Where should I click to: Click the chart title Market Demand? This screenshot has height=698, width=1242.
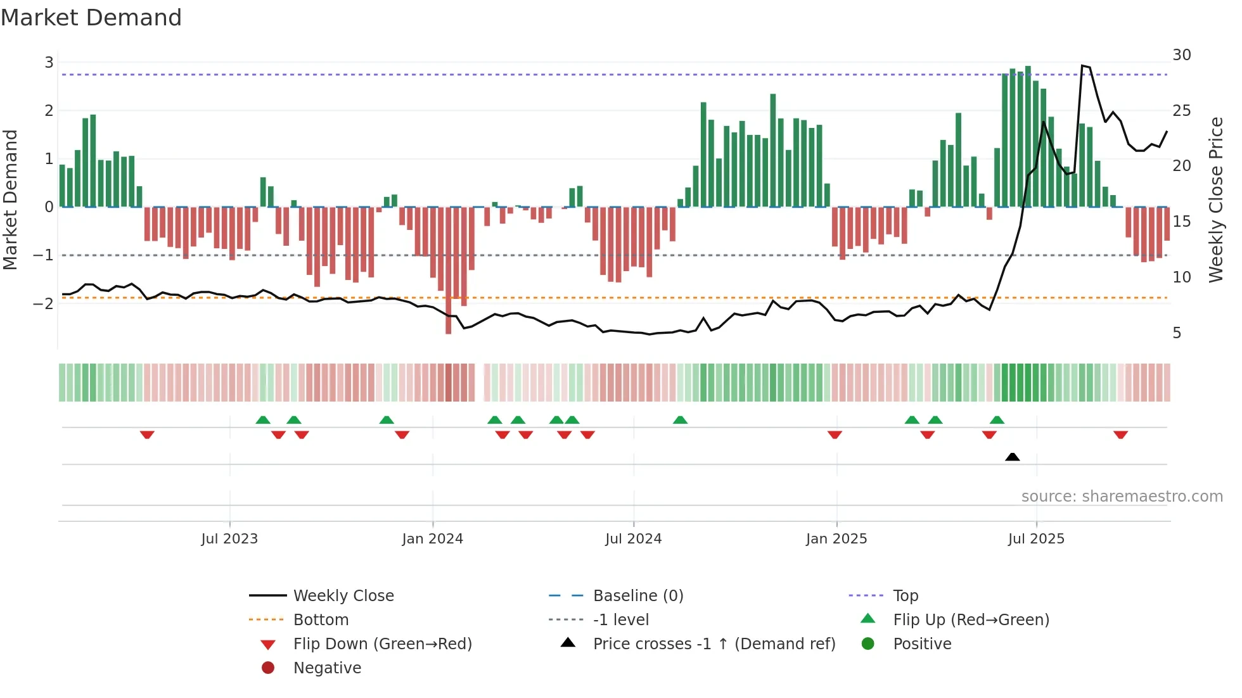pos(91,18)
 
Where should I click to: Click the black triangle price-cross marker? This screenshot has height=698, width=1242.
pos(1012,457)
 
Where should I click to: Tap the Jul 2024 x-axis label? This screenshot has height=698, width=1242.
pos(633,539)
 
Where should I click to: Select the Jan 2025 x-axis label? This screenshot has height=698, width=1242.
pos(836,539)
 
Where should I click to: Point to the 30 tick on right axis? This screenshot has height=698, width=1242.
pos(1181,55)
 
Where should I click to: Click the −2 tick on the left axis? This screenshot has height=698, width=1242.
pos(43,303)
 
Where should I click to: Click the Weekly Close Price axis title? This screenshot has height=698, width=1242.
pos(1215,200)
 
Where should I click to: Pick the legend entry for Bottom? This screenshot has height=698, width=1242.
pos(321,619)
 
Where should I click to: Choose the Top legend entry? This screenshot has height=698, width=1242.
pos(905,595)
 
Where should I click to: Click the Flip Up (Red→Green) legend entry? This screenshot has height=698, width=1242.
pos(971,619)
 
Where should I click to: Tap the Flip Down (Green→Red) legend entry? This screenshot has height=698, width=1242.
pos(382,644)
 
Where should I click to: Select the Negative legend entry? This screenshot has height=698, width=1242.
pos(327,668)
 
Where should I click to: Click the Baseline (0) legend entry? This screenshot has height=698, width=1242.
pos(637,595)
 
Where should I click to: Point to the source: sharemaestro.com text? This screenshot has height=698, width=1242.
pos(1122,496)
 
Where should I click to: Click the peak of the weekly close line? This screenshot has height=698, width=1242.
pos(1082,65)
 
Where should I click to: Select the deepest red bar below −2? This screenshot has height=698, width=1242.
pos(449,317)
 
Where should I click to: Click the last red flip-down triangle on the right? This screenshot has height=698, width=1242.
pos(1120,435)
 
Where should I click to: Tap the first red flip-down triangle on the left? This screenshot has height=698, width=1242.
pos(147,435)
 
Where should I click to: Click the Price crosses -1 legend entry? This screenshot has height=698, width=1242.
pos(714,644)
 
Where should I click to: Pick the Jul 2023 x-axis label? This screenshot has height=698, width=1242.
pos(229,539)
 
